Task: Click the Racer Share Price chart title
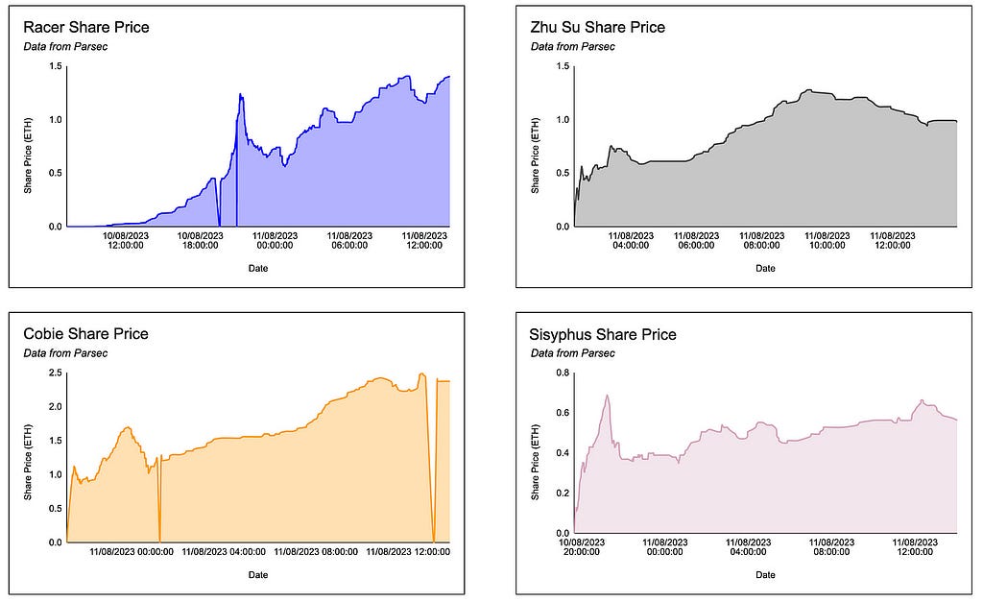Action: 85,27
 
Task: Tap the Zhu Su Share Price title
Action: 597,27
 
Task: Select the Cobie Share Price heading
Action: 85,333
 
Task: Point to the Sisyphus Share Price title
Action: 603,334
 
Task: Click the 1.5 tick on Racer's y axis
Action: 56,66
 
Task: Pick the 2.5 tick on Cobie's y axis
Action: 56,373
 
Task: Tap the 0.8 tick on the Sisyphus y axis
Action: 563,373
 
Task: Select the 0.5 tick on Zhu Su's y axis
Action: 563,173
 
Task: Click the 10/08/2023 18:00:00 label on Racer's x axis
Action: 201,240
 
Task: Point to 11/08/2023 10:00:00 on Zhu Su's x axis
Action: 827,240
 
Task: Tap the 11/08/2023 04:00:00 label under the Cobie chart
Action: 224,552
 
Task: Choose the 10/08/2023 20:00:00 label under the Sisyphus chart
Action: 582,547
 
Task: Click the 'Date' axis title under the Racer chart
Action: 258,269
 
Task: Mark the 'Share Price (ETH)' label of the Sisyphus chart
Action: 535,462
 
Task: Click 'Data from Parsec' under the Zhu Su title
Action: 572,46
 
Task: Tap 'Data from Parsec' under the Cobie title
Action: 65,353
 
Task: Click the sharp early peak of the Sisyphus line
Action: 607,396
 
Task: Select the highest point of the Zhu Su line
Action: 808,90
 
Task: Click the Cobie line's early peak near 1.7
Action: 128,427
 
